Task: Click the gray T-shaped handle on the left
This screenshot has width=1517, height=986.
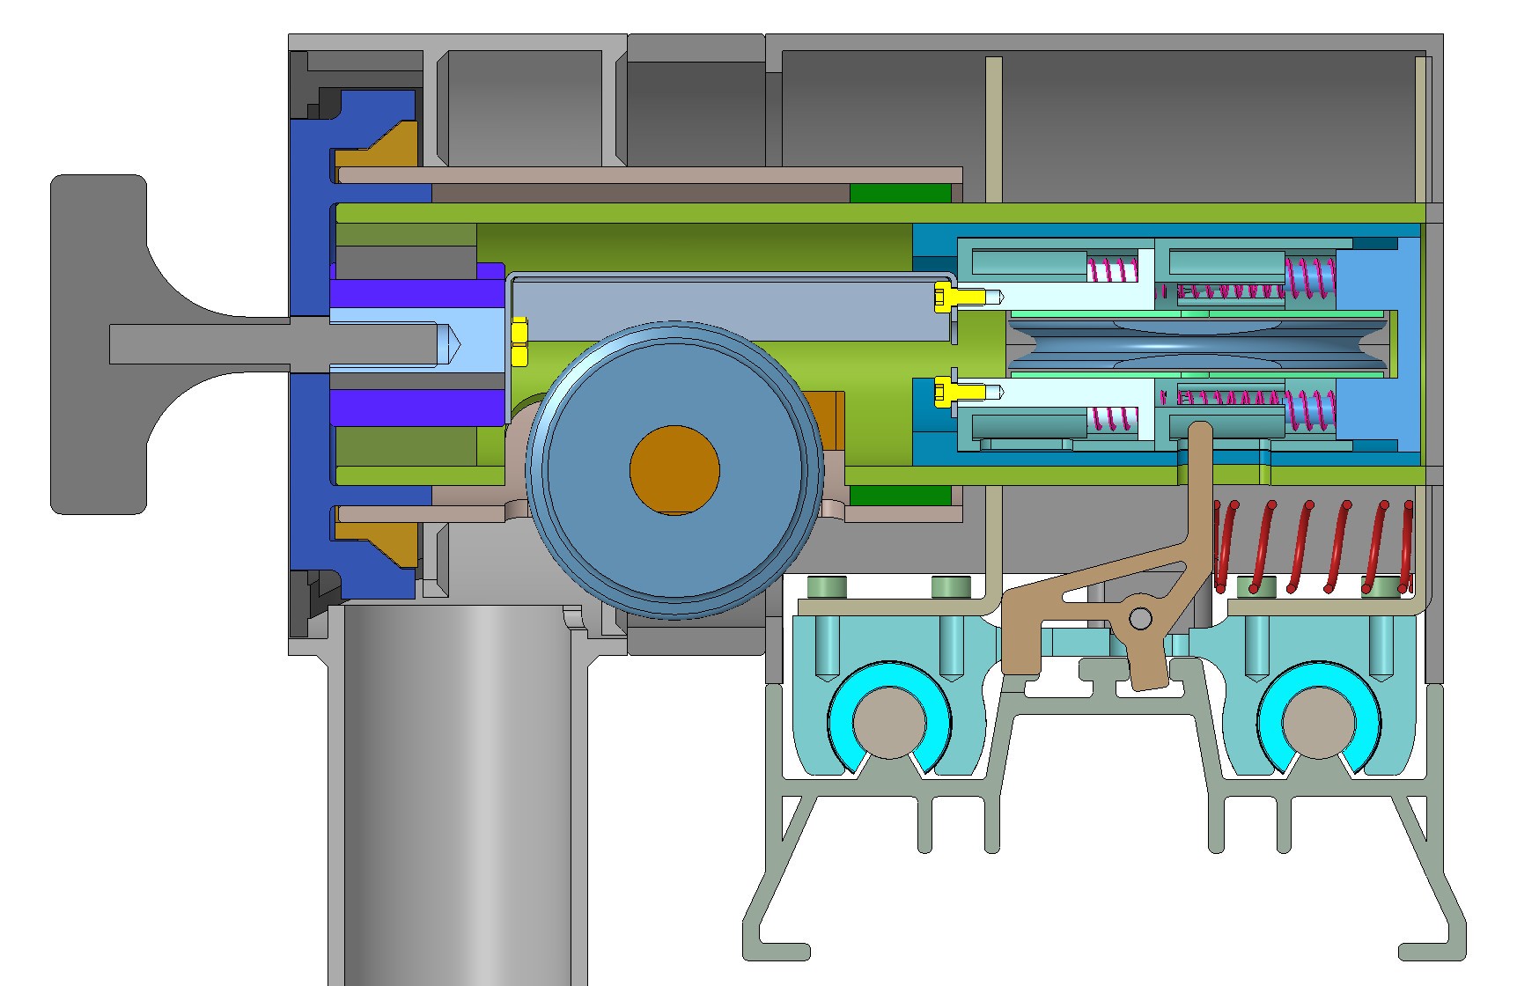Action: (x=97, y=343)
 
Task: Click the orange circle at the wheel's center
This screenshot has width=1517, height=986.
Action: (x=674, y=469)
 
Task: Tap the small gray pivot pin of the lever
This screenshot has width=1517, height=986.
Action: (x=1140, y=619)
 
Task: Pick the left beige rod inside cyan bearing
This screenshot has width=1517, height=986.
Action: (x=889, y=722)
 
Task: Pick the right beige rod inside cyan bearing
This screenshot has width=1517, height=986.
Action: (x=1318, y=722)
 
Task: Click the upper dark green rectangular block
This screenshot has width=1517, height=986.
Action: (x=900, y=193)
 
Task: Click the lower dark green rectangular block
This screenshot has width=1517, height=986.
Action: (x=900, y=496)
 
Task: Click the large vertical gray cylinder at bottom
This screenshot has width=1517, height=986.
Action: (x=458, y=792)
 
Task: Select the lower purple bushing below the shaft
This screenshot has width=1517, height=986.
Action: (x=414, y=407)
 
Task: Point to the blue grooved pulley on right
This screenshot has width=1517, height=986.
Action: (x=1197, y=343)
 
